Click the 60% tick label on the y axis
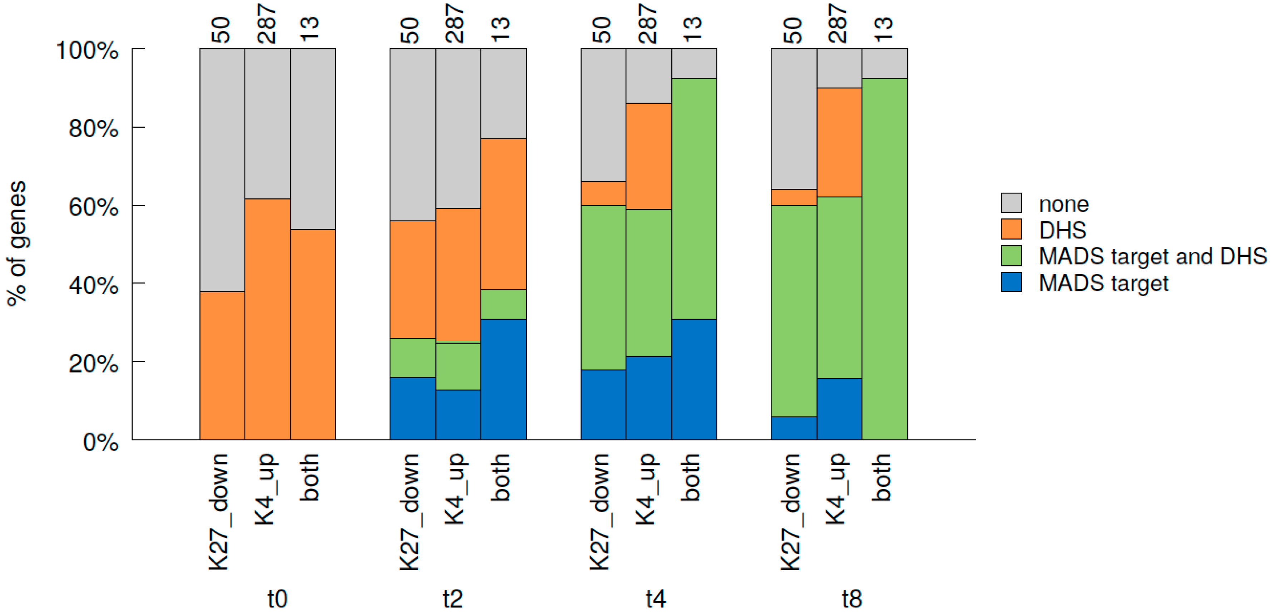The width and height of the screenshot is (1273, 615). tap(93, 207)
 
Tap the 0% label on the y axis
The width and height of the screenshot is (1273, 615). tap(100, 442)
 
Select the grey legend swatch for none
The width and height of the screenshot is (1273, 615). tap(1011, 203)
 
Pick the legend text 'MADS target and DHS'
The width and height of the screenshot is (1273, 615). tap(1153, 256)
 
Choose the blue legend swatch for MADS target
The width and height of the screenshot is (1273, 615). tap(1011, 282)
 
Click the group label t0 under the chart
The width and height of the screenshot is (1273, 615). tap(277, 599)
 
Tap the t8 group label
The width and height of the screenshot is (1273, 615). tap(852, 599)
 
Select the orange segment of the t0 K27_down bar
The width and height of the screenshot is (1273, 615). tap(222, 365)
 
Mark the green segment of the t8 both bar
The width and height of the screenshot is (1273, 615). tap(884, 259)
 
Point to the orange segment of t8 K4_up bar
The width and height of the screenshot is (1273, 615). tap(839, 142)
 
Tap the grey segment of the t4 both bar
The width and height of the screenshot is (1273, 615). tap(694, 63)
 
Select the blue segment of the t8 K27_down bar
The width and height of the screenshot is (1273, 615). tap(794, 428)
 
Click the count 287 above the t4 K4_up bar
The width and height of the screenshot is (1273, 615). tap(648, 24)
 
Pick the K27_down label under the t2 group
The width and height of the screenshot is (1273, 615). tap(410, 512)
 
